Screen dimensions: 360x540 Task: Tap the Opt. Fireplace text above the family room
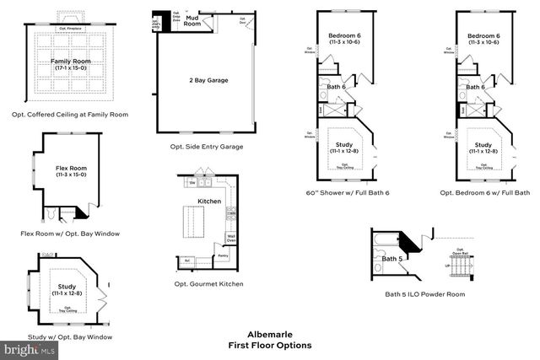pyautogui.click(x=70, y=28)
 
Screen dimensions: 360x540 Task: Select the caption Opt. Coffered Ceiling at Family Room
pyautogui.click(x=70, y=114)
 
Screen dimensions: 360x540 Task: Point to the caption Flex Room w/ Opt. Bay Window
pyautogui.click(x=70, y=233)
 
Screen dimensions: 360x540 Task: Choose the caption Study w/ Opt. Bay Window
pyautogui.click(x=70, y=336)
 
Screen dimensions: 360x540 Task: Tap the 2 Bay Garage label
pyautogui.click(x=208, y=80)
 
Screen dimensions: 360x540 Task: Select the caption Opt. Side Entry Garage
pyautogui.click(x=206, y=146)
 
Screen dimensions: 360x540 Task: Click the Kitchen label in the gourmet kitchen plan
pyautogui.click(x=208, y=202)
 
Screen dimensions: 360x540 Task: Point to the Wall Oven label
pyautogui.click(x=230, y=239)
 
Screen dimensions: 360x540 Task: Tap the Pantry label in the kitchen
pyautogui.click(x=223, y=255)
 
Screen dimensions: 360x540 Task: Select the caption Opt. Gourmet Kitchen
pyautogui.click(x=208, y=284)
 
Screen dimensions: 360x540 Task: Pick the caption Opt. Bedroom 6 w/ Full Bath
pyautogui.click(x=485, y=193)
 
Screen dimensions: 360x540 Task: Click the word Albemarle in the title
pyautogui.click(x=269, y=334)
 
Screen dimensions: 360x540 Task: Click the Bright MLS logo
pyautogui.click(x=25, y=347)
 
